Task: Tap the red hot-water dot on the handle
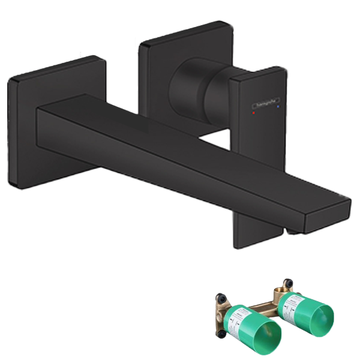coord(254,112)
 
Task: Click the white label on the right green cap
coord(294,302)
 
